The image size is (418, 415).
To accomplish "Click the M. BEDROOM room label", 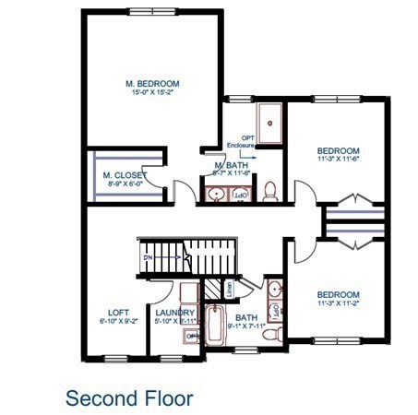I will (x=152, y=84).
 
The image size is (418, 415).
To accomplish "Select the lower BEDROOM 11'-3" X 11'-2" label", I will (x=337, y=297).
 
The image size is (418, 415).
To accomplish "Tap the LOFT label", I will (x=118, y=313).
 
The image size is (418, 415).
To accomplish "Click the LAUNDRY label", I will (x=174, y=313).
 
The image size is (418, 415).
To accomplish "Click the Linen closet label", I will (x=229, y=289).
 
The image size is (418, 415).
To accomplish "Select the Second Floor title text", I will (x=129, y=397).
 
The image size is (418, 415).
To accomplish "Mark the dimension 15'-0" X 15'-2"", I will (x=152, y=93).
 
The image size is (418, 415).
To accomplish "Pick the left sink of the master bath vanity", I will (x=215, y=195).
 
